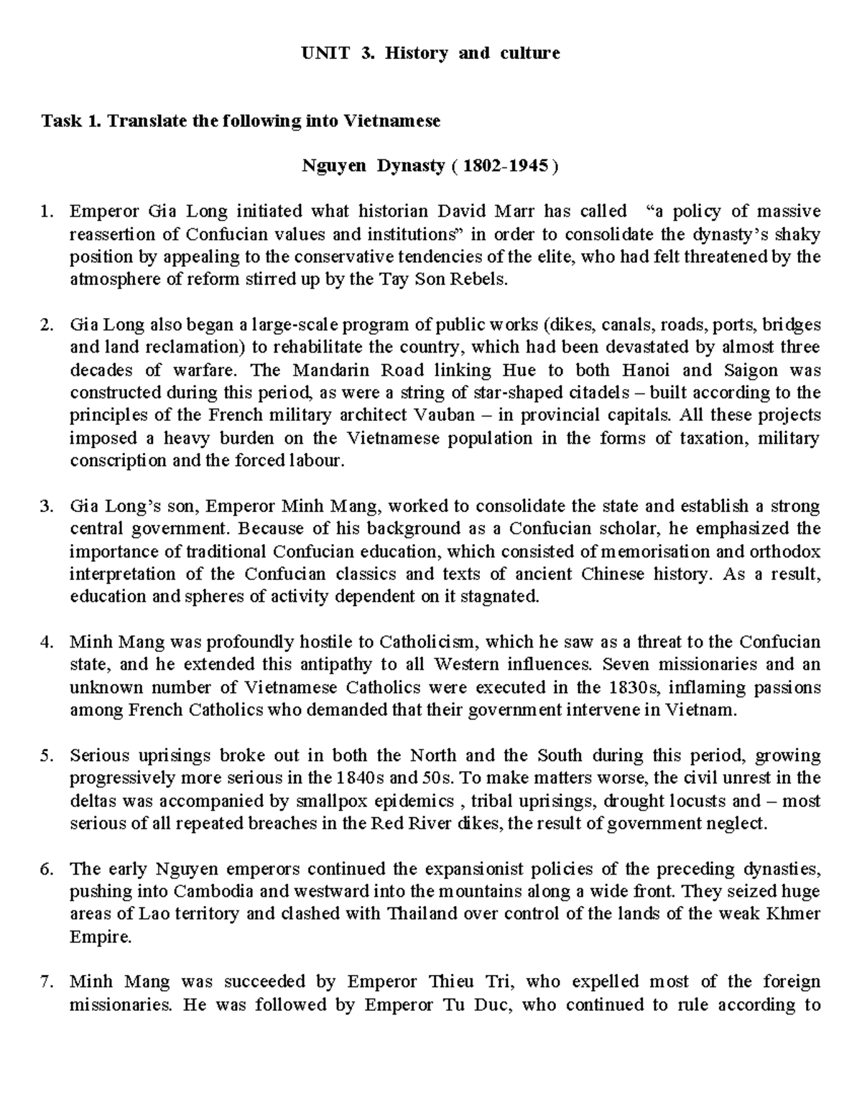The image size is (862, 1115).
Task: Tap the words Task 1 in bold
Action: coord(71,121)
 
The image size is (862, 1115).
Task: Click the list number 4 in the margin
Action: coord(47,642)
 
